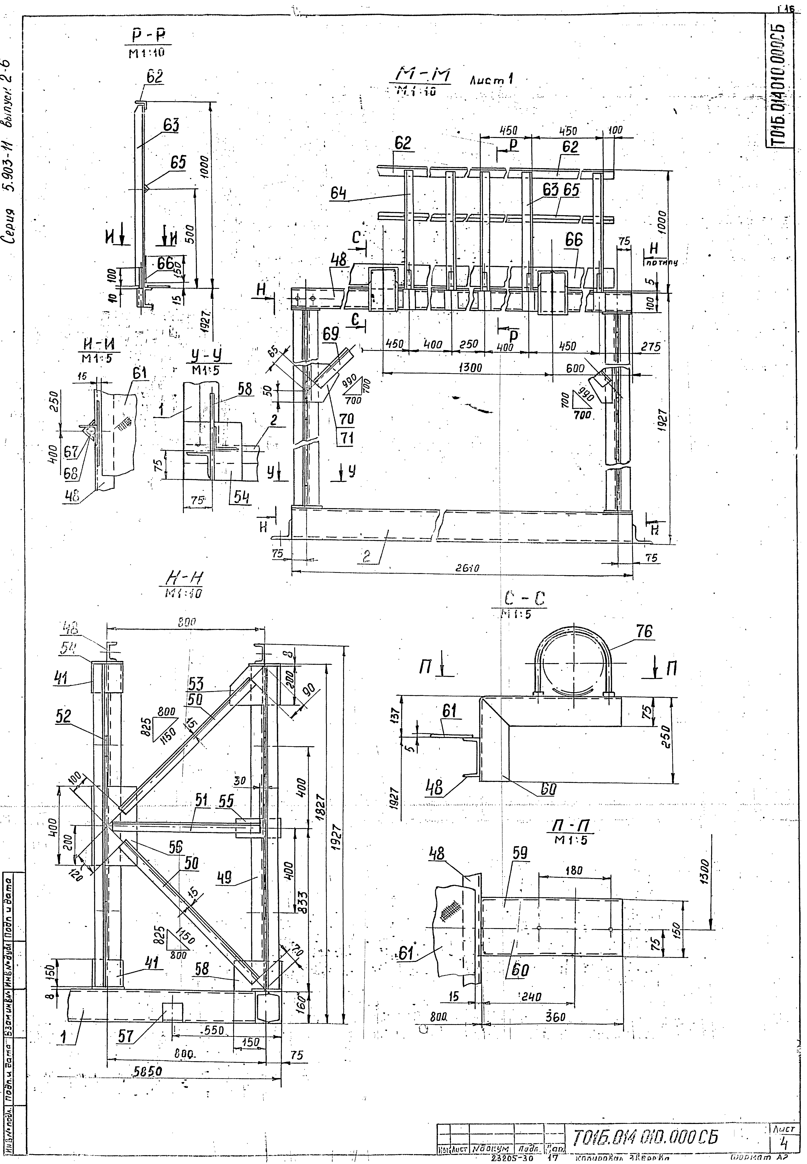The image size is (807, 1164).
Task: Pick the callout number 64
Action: coord(339,194)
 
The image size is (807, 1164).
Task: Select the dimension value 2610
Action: coord(465,568)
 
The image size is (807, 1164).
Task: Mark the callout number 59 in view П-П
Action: coord(520,854)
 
